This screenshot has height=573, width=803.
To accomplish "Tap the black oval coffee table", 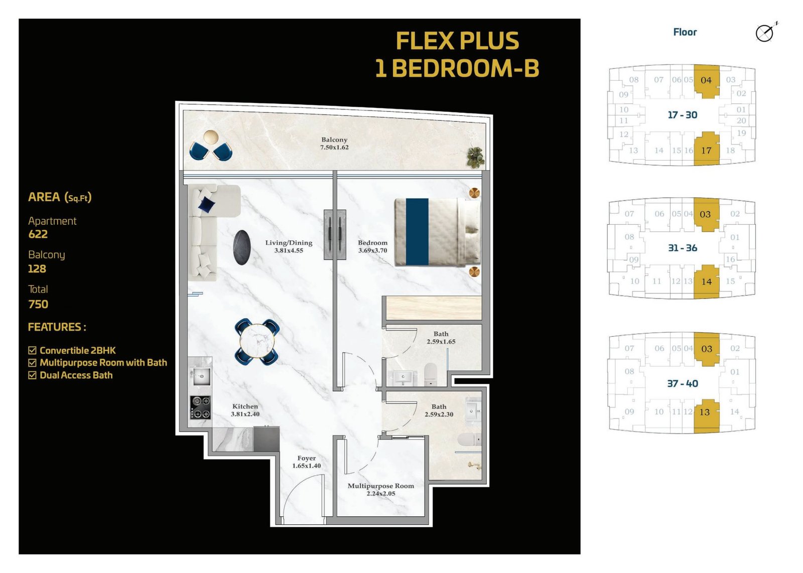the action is pyautogui.click(x=241, y=247).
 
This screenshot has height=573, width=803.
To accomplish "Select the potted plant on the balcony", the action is pyautogui.click(x=475, y=158).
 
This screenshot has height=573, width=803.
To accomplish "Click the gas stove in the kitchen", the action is pyautogui.click(x=200, y=407).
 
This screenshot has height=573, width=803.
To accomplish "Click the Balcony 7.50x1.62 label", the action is pyautogui.click(x=334, y=144).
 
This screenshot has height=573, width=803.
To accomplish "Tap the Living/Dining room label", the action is pyautogui.click(x=289, y=246).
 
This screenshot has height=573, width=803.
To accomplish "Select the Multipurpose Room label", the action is pyautogui.click(x=381, y=490).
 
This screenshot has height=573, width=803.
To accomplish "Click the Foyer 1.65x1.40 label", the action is pyautogui.click(x=307, y=462).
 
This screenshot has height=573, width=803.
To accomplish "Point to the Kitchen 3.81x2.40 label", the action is pyautogui.click(x=245, y=410).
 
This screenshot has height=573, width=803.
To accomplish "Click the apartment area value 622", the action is pyautogui.click(x=38, y=234).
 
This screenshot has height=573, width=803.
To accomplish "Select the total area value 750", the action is pyautogui.click(x=38, y=304).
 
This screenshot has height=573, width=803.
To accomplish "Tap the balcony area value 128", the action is pyautogui.click(x=37, y=269).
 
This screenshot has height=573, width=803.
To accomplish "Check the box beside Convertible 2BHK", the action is pyautogui.click(x=32, y=350).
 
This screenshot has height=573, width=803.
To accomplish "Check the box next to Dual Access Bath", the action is pyautogui.click(x=32, y=375).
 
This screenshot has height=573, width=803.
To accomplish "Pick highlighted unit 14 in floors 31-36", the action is pyautogui.click(x=707, y=281).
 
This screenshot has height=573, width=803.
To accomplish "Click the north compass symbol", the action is pyautogui.click(x=765, y=33).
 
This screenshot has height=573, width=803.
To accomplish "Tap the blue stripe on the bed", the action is pyautogui.click(x=417, y=232).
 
